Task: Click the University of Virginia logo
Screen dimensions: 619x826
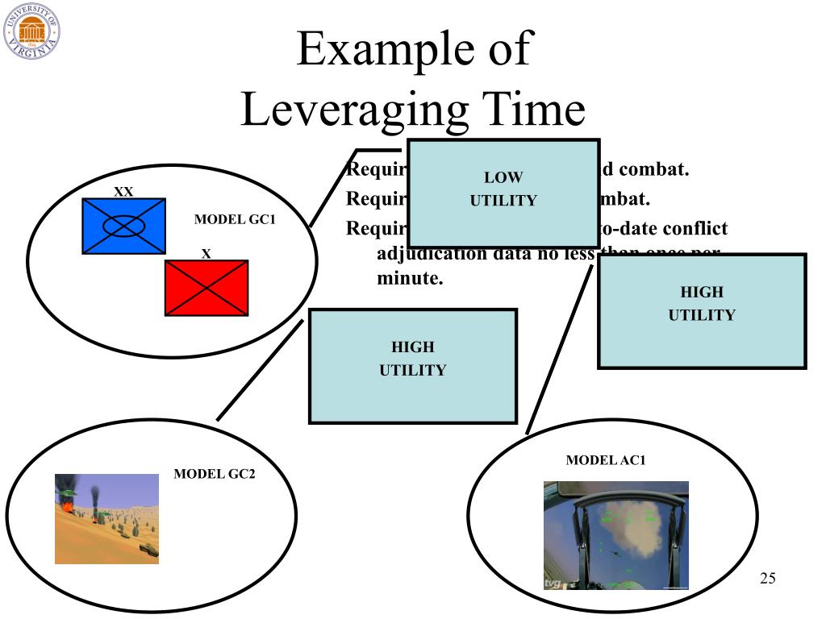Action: click(31, 31)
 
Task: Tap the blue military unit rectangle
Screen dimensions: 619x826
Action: click(124, 226)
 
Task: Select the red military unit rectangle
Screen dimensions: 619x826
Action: click(206, 288)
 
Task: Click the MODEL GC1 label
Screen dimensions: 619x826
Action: click(235, 220)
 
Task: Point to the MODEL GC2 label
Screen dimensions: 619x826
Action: click(215, 474)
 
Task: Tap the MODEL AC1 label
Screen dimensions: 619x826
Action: click(606, 461)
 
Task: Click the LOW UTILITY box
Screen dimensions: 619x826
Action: click(503, 193)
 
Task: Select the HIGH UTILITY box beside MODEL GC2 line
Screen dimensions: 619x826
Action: click(413, 366)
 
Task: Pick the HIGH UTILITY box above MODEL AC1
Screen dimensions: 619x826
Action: click(702, 311)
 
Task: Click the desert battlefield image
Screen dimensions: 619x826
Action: click(106, 518)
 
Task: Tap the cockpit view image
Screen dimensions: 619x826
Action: click(616, 535)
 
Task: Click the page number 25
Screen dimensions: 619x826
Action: click(767, 579)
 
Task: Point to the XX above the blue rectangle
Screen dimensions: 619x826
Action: click(123, 192)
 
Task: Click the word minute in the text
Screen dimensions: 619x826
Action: click(410, 280)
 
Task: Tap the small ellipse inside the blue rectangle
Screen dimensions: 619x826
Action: click(124, 226)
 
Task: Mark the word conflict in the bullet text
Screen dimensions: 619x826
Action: click(695, 229)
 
